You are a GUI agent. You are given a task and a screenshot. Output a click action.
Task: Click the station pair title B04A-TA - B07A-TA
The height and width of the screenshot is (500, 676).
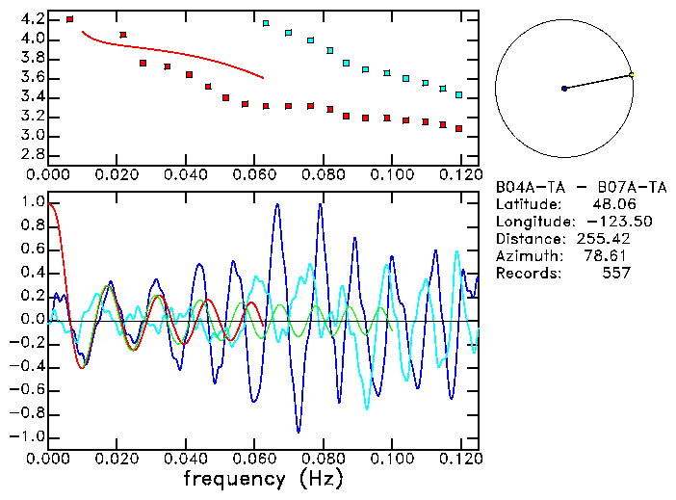[x=563, y=186]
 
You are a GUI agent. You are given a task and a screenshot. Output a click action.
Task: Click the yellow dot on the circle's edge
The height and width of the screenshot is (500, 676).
[x=632, y=74]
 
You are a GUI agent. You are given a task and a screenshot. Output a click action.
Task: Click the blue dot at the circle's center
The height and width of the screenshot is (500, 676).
[x=564, y=89]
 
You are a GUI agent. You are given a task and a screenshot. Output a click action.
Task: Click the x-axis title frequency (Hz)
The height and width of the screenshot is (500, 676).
[x=263, y=478]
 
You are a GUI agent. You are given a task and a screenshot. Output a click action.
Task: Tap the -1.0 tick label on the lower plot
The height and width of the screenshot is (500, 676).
[x=28, y=436]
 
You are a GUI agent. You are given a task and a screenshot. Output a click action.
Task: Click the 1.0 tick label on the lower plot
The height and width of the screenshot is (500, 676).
[x=32, y=203]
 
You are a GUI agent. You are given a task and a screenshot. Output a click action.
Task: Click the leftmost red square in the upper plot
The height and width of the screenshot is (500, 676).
[x=69, y=19]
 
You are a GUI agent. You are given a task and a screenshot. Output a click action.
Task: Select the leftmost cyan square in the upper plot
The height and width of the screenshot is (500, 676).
[x=267, y=23]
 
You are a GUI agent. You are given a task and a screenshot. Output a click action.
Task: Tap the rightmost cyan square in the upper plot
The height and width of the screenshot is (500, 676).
[x=459, y=95]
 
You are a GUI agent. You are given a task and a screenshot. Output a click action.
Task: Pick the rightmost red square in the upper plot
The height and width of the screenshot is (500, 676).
[x=459, y=128]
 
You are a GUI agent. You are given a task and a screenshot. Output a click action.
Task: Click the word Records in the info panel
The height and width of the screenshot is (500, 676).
[x=525, y=273]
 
